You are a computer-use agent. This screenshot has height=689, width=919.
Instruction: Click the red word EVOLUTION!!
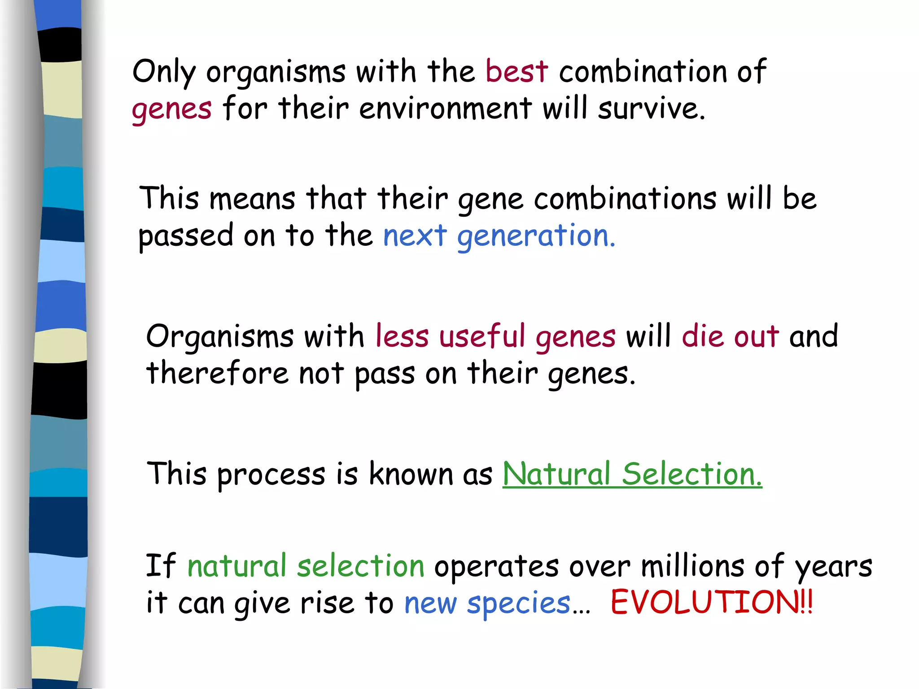711,602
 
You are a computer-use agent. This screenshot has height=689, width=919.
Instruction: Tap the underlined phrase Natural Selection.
632,474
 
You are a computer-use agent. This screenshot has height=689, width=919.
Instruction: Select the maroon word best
516,72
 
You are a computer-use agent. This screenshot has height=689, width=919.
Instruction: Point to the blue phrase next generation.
499,236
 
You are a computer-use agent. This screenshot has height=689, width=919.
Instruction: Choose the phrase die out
730,336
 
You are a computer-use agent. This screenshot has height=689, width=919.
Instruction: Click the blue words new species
487,603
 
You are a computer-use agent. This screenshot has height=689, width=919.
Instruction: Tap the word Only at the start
164,72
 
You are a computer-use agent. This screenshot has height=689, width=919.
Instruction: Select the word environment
445,109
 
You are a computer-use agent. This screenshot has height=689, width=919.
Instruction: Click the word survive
651,109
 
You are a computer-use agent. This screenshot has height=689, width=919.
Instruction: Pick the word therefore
217,373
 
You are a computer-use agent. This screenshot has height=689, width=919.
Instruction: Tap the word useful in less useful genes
482,336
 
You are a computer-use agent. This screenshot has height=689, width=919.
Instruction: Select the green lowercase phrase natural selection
306,566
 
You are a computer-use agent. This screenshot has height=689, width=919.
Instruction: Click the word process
271,475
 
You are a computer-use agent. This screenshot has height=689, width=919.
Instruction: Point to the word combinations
625,199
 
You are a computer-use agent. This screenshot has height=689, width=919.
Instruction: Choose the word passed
185,237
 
